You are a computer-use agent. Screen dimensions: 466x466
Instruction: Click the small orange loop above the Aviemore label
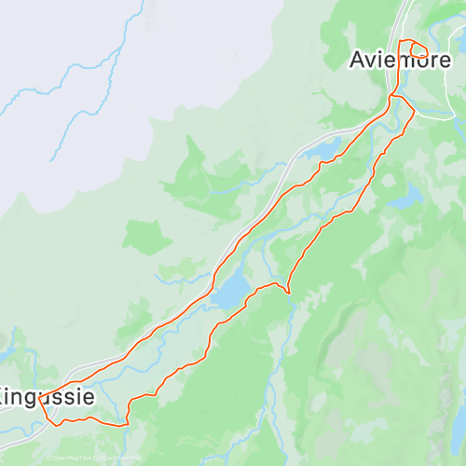[x=413, y=49]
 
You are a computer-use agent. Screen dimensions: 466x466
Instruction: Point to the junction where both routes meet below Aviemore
[x=391, y=96]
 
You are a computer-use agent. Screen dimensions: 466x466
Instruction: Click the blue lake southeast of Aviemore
[x=406, y=198]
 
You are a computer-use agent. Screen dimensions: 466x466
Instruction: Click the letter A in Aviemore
[x=358, y=60]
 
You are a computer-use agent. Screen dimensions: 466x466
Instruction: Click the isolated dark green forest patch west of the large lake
[x=145, y=237]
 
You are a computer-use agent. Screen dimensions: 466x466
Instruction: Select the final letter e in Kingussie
[x=88, y=396]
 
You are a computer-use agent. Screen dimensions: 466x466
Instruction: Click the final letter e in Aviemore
[x=445, y=60]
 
